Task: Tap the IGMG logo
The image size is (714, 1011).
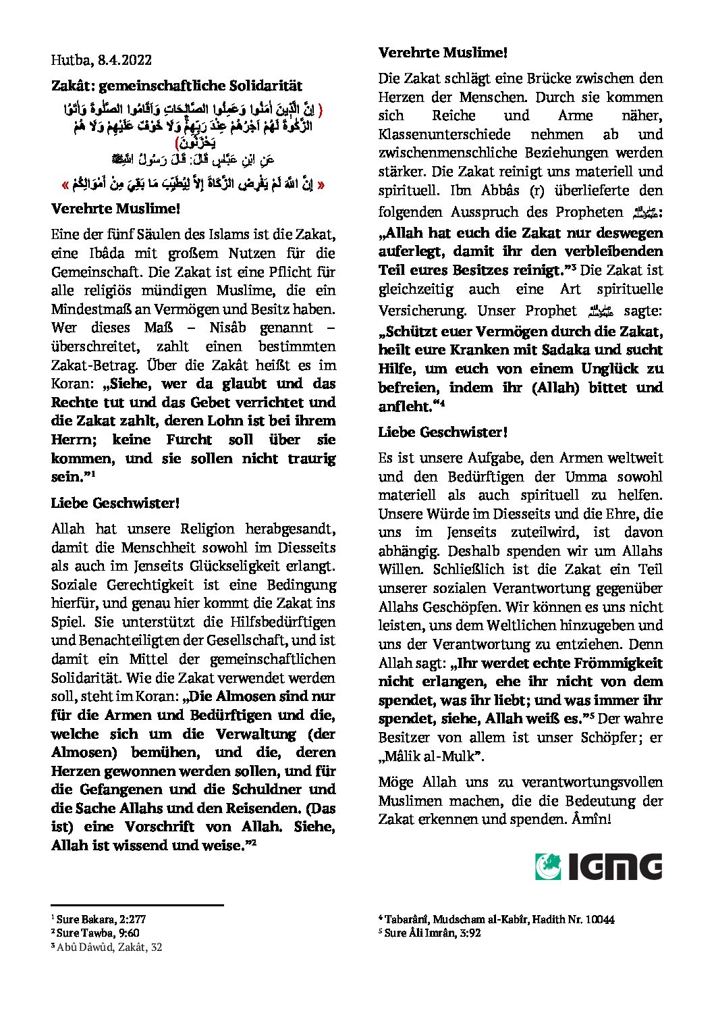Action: pos(599,866)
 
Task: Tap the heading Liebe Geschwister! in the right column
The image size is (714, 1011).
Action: pos(443,432)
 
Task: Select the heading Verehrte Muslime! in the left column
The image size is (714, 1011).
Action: pos(115,209)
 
